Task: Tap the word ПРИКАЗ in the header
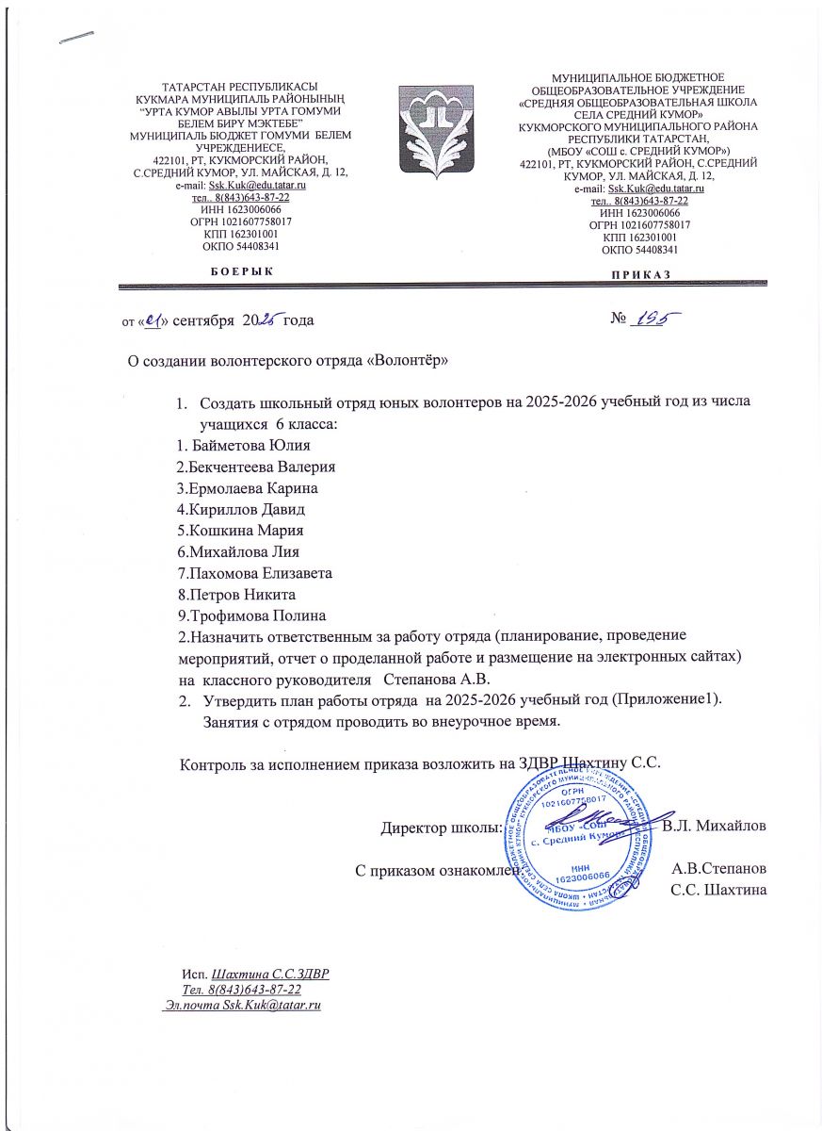coord(639,273)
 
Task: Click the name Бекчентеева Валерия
coord(257,467)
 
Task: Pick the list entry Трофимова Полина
coord(252,615)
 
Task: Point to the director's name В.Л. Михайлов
coord(714,827)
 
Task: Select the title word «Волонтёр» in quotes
coord(406,361)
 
